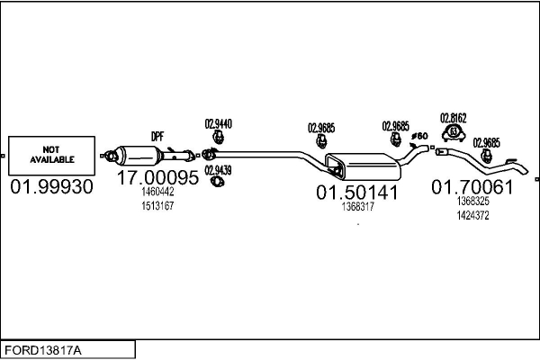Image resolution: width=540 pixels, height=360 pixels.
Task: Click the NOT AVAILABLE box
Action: pyautogui.click(x=51, y=156)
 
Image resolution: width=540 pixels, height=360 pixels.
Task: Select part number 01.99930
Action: pyautogui.click(x=51, y=186)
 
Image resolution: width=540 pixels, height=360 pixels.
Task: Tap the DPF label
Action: pyautogui.click(x=157, y=137)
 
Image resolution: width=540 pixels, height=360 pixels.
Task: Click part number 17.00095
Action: pyautogui.click(x=157, y=177)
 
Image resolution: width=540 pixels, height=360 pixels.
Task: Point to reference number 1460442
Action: pyautogui.click(x=157, y=192)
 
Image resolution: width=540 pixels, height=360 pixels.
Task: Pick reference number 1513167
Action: pyautogui.click(x=157, y=206)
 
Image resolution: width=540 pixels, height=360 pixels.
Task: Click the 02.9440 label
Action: pyautogui.click(x=219, y=123)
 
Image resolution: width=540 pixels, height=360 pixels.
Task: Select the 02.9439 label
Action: pyautogui.click(x=218, y=170)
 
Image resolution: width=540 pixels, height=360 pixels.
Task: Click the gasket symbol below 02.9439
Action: pyautogui.click(x=217, y=181)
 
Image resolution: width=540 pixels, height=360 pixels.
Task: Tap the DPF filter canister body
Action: pyautogui.click(x=138, y=156)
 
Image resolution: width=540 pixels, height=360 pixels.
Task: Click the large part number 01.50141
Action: pyautogui.click(x=357, y=193)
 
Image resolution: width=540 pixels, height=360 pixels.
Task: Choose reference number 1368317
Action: pyautogui.click(x=358, y=207)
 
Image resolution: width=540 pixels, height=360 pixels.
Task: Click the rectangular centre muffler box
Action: pyautogui.click(x=364, y=166)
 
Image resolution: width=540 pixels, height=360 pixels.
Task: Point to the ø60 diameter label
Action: pyautogui.click(x=419, y=136)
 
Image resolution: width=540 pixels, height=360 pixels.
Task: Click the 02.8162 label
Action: pyautogui.click(x=454, y=118)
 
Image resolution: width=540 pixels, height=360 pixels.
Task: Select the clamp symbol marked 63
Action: pyautogui.click(x=454, y=133)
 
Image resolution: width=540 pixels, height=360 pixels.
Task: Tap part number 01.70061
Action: pyautogui.click(x=472, y=186)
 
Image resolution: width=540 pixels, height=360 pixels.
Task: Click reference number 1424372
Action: pyautogui.click(x=472, y=216)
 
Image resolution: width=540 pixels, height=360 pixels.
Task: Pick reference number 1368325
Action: pyautogui.click(x=472, y=202)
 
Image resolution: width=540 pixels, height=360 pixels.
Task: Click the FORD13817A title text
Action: pyautogui.click(x=43, y=350)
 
